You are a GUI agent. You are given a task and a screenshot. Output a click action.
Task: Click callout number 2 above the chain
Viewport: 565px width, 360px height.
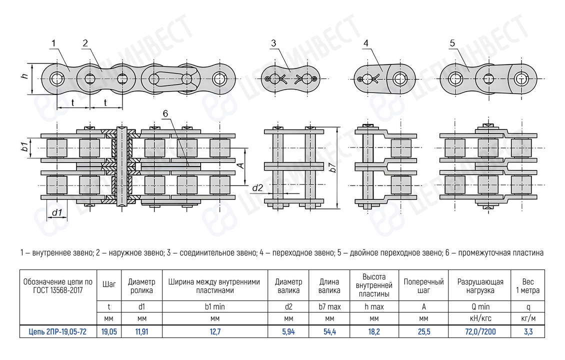point(85,43)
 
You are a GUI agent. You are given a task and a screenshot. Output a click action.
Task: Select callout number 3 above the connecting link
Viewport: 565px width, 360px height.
point(273,43)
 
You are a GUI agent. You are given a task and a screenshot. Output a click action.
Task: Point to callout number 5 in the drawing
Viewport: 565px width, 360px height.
point(452,43)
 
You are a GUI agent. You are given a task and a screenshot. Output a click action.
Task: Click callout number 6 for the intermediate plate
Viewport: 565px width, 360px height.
point(165,114)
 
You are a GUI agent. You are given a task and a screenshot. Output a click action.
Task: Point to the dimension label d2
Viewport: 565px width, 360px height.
point(257,187)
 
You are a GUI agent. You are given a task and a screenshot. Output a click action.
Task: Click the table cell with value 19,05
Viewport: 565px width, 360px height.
point(109,331)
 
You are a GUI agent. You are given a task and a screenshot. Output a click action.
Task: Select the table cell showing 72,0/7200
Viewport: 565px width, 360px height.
point(480,331)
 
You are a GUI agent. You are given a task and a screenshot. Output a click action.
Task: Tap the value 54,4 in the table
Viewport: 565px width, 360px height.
point(329,331)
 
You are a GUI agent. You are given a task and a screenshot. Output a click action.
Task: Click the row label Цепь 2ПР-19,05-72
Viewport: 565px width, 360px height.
point(57,331)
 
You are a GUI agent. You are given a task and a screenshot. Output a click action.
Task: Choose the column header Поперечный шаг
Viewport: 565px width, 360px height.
point(423,286)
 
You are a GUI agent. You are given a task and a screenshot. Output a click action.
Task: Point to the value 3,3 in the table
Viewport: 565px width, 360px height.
point(527,331)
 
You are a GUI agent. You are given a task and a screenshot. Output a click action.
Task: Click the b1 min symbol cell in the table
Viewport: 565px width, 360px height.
point(215,306)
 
